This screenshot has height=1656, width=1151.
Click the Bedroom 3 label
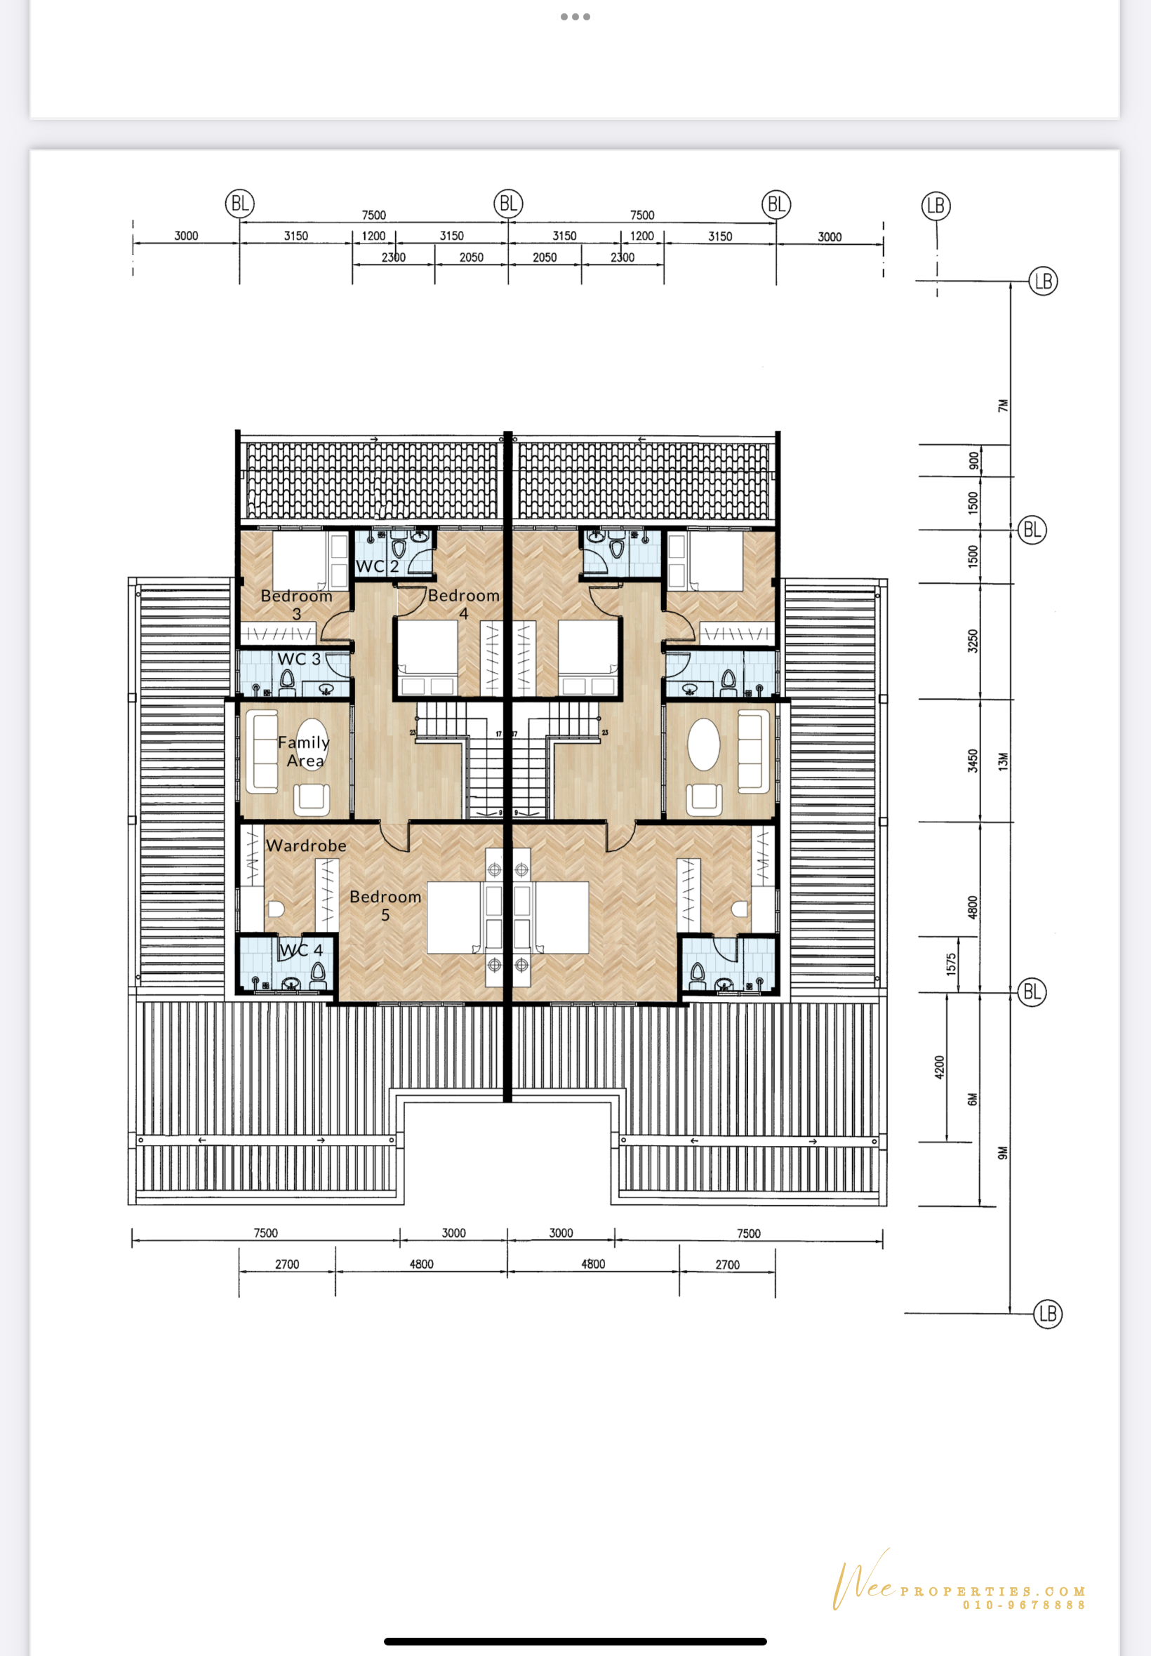(296, 605)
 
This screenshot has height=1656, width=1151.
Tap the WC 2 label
(377, 567)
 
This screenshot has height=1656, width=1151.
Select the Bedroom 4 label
(464, 604)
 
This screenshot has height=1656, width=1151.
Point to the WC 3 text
(298, 659)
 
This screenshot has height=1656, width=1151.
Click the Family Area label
(304, 752)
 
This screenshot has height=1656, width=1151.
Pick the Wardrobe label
(306, 846)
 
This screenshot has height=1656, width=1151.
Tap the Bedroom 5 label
(385, 905)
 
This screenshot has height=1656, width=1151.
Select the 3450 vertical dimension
(973, 761)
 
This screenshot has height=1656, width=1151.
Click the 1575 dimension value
(951, 964)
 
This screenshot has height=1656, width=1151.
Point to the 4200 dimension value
(939, 1067)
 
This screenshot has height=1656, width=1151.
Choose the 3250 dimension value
(973, 641)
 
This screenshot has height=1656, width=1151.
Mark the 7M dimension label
(1002, 406)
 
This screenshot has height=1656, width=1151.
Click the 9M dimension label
(1002, 1153)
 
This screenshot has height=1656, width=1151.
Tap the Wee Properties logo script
(864, 1579)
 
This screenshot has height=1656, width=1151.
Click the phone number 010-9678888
(1024, 1605)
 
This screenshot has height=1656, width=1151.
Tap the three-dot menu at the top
(575, 17)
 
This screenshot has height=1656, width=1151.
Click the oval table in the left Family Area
(312, 744)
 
